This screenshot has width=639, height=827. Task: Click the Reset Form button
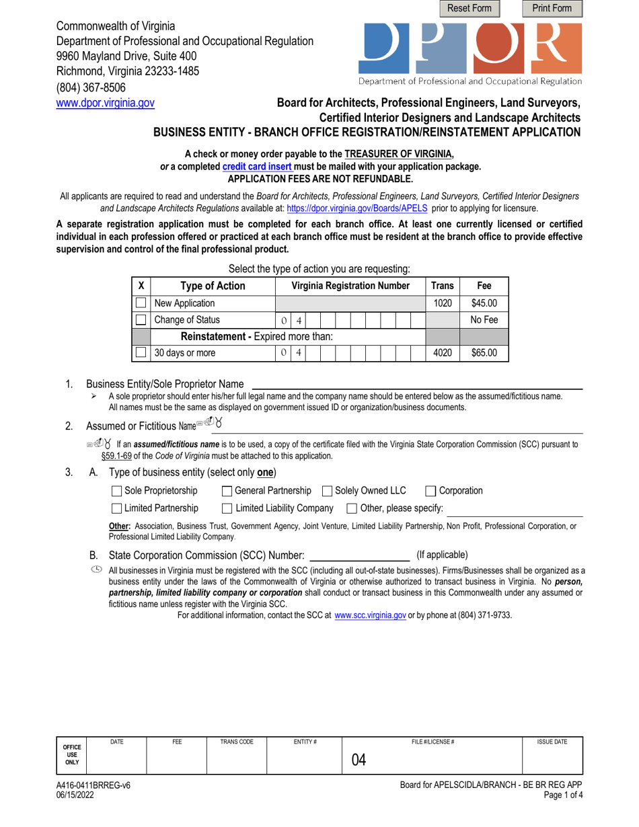(x=469, y=9)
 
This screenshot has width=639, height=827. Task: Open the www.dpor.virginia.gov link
(x=105, y=104)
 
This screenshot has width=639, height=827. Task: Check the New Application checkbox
(x=141, y=303)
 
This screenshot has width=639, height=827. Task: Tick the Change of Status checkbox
(x=141, y=320)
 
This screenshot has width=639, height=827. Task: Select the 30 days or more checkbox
(x=141, y=352)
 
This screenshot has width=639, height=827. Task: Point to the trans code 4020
(x=442, y=352)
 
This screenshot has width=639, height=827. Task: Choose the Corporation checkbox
(x=431, y=491)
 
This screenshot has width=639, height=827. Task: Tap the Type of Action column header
(x=213, y=286)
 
